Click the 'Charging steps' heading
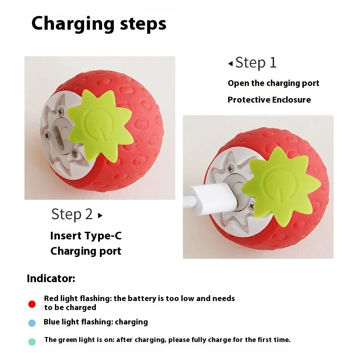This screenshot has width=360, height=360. pos(99,23)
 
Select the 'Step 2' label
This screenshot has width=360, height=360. pos(72,214)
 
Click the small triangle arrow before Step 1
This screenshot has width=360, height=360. pos(230,64)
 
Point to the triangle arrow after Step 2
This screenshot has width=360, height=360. pos(100,216)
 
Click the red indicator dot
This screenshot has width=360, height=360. pos(32,304)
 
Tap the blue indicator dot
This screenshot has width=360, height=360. pos(32,323)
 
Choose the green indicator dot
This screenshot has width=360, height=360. pos(32,342)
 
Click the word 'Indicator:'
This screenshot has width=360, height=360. pos(51,278)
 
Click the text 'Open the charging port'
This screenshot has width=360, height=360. pos(273,83)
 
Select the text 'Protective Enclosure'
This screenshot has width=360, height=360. pos(269,100)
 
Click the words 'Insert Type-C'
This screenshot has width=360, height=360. pos(85,236)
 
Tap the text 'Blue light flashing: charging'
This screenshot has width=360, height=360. pos(95,322)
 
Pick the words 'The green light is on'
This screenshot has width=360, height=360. pos(79,340)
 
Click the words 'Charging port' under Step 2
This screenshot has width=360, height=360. pos(85,251)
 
